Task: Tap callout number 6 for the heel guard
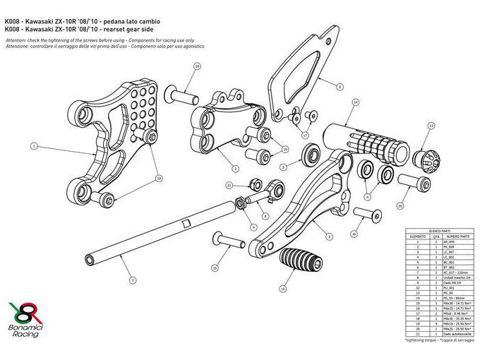[x=340, y=88]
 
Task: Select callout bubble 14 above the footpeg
[x=355, y=103]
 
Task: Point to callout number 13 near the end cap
[x=431, y=126]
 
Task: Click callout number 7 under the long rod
[x=132, y=281]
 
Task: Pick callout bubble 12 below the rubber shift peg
[x=283, y=289]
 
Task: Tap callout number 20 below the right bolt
[x=400, y=207]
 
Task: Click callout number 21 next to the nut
[x=229, y=185]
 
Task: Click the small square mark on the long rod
[x=186, y=224]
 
